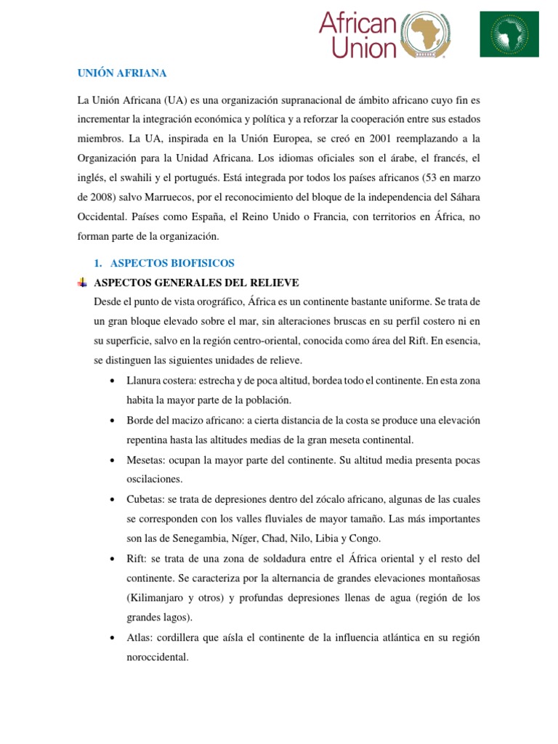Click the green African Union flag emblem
click(509, 34)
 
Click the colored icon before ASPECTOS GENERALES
click(82, 282)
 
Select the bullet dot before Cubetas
click(112, 500)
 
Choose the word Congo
click(363, 538)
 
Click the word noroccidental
click(157, 657)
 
